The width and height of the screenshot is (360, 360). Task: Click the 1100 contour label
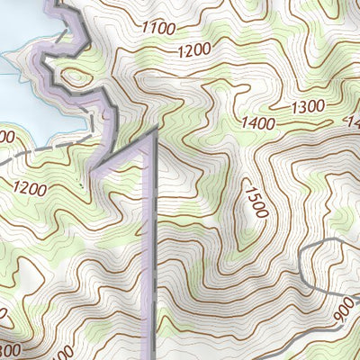[158, 28]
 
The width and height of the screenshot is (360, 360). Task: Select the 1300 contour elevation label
[308, 106]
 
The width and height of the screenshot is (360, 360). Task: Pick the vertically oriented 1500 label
[256, 203]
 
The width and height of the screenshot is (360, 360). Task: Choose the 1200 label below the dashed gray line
[29, 188]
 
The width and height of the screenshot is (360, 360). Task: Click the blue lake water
[18, 99]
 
